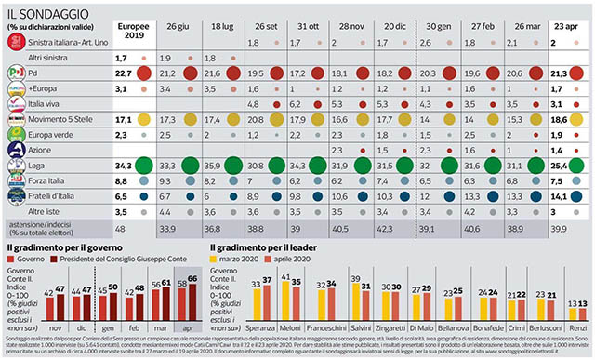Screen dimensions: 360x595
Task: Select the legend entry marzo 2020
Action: [x=245, y=259]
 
